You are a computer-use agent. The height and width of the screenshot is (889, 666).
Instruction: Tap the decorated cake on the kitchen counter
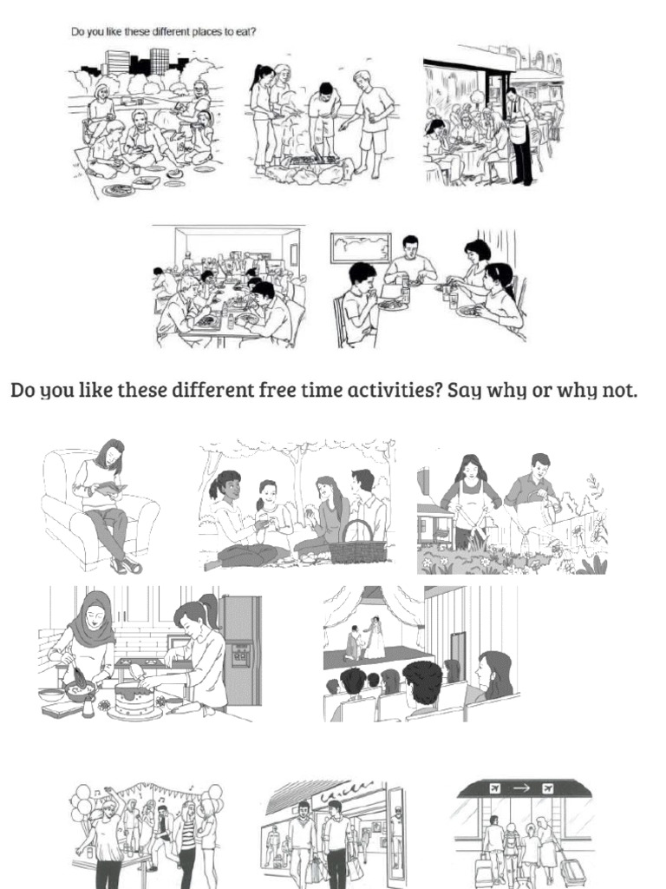[134, 698]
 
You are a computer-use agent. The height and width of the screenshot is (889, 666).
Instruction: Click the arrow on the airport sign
[524, 789]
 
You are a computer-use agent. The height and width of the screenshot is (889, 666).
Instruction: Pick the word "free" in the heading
[277, 390]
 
